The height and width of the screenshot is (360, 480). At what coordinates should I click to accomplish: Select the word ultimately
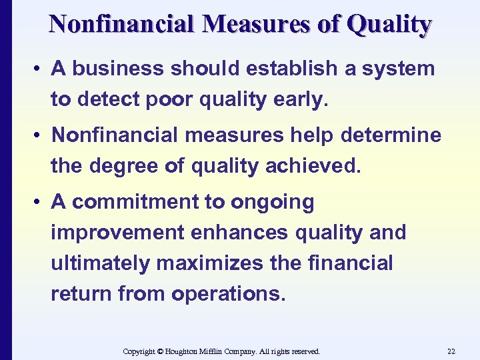pyautogui.click(x=100, y=263)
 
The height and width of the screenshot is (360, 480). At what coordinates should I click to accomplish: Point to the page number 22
pyautogui.click(x=451, y=351)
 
